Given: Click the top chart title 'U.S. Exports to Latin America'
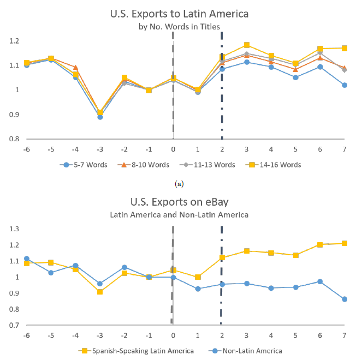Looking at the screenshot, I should (180, 13).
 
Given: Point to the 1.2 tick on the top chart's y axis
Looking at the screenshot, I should (13, 41).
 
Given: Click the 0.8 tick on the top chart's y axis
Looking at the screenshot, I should (13, 139).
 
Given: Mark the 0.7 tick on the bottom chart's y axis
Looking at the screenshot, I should (13, 326).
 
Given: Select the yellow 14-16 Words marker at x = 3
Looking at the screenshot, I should (247, 45).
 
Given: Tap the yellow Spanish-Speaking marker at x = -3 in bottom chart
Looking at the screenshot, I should (100, 292).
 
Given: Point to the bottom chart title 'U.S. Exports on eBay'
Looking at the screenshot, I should (181, 202).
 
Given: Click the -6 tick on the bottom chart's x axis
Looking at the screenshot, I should (27, 334).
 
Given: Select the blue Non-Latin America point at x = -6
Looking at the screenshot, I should (27, 259).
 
